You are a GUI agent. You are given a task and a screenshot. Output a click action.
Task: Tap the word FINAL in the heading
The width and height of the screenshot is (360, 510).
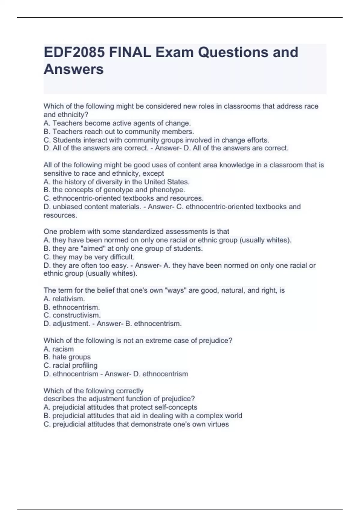(130, 52)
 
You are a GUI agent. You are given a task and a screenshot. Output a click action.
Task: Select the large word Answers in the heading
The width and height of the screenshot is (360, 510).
(73, 69)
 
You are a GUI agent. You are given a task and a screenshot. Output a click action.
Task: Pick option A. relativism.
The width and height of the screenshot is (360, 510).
(64, 299)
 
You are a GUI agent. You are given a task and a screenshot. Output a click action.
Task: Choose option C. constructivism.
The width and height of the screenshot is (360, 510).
(72, 315)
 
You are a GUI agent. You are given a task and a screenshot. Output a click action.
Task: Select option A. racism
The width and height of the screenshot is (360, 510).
(58, 349)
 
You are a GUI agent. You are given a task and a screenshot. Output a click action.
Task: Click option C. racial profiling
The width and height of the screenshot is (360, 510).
(70, 365)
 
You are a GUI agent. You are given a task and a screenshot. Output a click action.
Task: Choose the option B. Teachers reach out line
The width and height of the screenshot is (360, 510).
(119, 132)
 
